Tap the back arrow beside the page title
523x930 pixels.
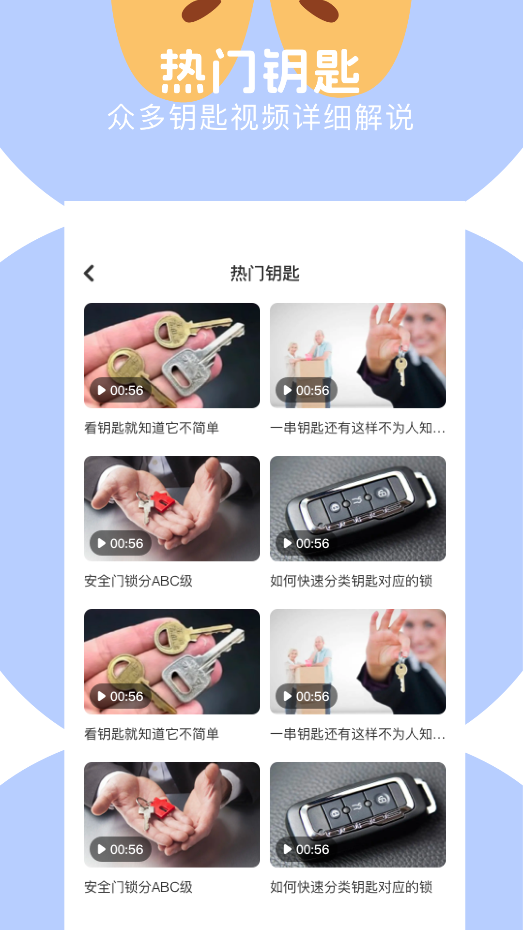pyautogui.click(x=89, y=273)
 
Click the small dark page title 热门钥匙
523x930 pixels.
pyautogui.click(x=264, y=274)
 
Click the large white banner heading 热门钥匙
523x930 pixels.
pyautogui.click(x=260, y=72)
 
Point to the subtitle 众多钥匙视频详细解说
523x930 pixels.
pyautogui.click(x=261, y=118)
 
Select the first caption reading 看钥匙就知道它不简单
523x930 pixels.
pyautogui.click(x=151, y=428)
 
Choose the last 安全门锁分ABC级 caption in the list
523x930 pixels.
pyautogui.click(x=138, y=887)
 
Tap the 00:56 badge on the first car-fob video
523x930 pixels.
pyautogui.click(x=307, y=543)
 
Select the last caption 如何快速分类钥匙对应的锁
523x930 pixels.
pyautogui.click(x=351, y=887)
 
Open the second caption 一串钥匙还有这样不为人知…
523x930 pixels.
pyautogui.click(x=357, y=734)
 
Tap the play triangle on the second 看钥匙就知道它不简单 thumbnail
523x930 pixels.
pyautogui.click(x=102, y=697)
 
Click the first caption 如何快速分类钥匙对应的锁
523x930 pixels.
pyautogui.click(x=351, y=581)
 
